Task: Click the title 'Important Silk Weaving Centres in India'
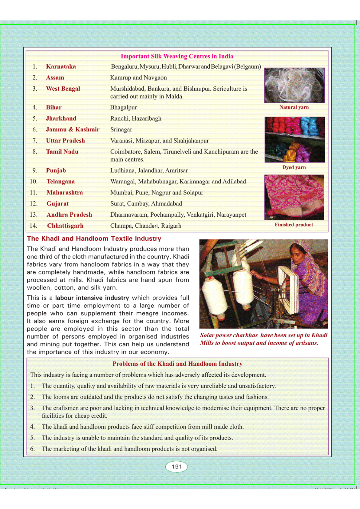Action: click(x=177, y=56)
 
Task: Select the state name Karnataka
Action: click(x=61, y=66)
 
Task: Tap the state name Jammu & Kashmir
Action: click(x=73, y=129)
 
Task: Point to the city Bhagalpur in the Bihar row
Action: click(x=123, y=107)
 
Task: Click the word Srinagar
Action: click(x=121, y=129)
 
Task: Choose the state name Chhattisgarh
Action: click(x=65, y=225)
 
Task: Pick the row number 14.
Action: click(x=33, y=225)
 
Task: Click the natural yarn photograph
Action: click(x=294, y=85)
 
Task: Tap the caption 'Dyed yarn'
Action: click(x=294, y=167)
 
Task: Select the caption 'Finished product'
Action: click(x=294, y=225)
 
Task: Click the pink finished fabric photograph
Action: click(x=294, y=197)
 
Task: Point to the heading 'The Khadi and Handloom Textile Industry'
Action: click(x=94, y=238)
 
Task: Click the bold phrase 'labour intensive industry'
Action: click(x=92, y=298)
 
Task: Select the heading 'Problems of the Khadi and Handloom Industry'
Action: click(x=177, y=364)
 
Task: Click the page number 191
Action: click(x=177, y=466)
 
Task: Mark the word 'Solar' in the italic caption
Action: click(x=207, y=335)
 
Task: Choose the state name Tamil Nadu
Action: click(x=62, y=152)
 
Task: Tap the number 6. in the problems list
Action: click(x=32, y=449)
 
